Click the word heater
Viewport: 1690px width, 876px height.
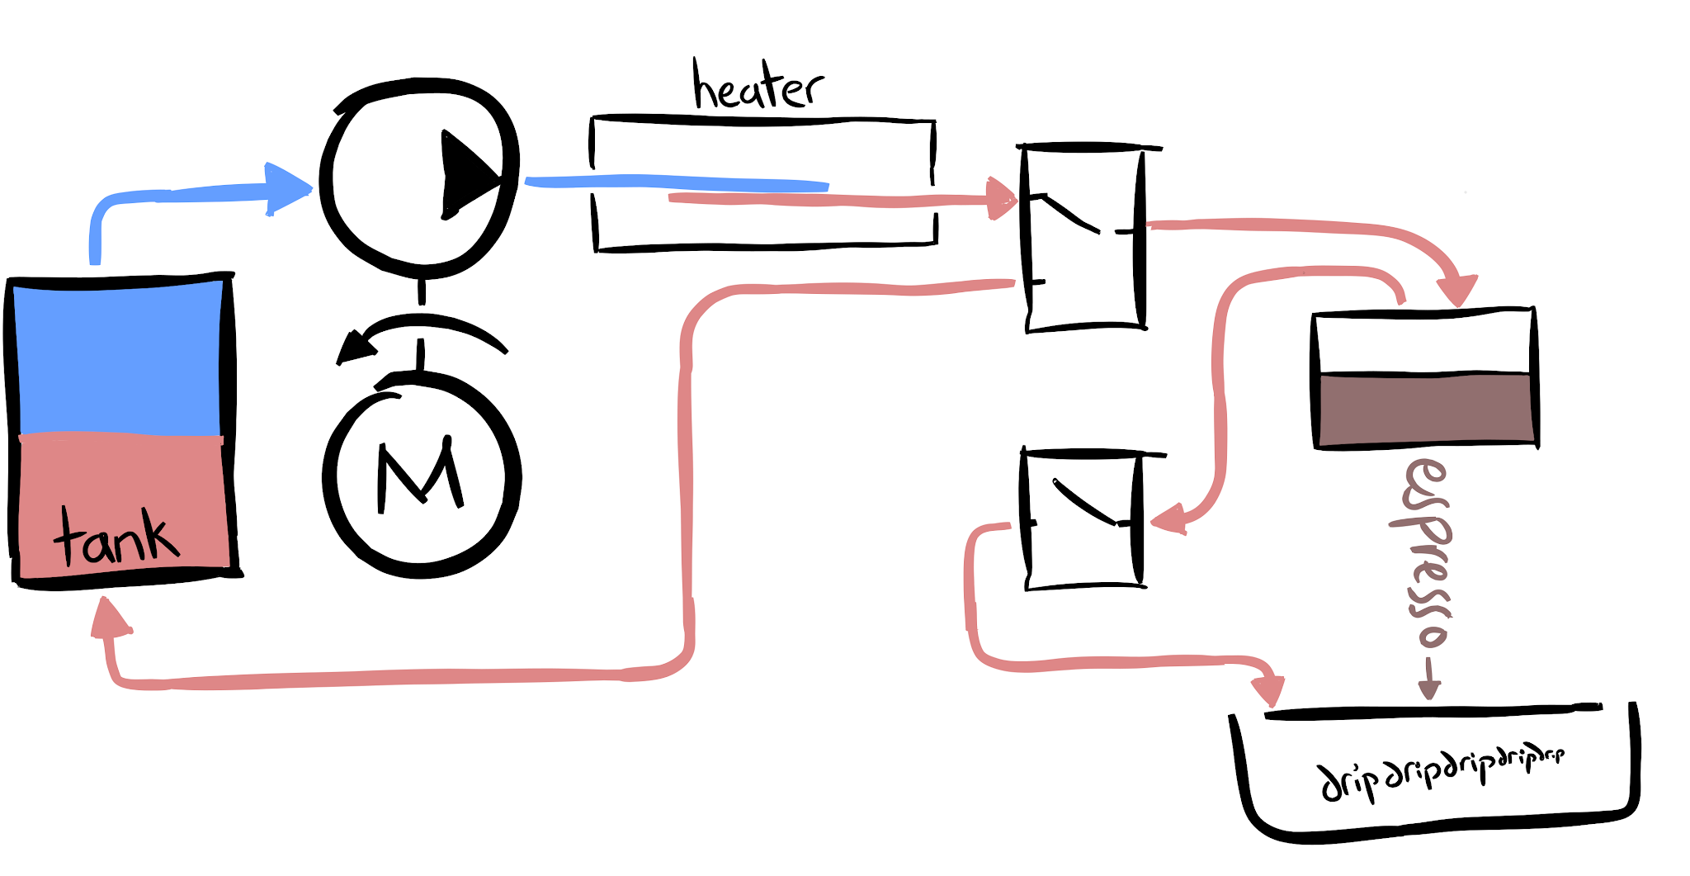[758, 86]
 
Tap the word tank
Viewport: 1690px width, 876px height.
[116, 537]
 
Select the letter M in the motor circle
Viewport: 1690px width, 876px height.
[420, 476]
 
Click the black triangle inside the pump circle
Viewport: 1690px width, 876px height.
[466, 175]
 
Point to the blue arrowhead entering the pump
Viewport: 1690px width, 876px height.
[286, 189]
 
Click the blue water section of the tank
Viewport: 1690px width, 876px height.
[118, 357]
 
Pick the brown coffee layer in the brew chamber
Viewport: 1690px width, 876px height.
[1424, 410]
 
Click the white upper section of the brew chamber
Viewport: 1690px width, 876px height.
[1423, 342]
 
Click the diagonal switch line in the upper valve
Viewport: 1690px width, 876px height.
[1070, 214]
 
